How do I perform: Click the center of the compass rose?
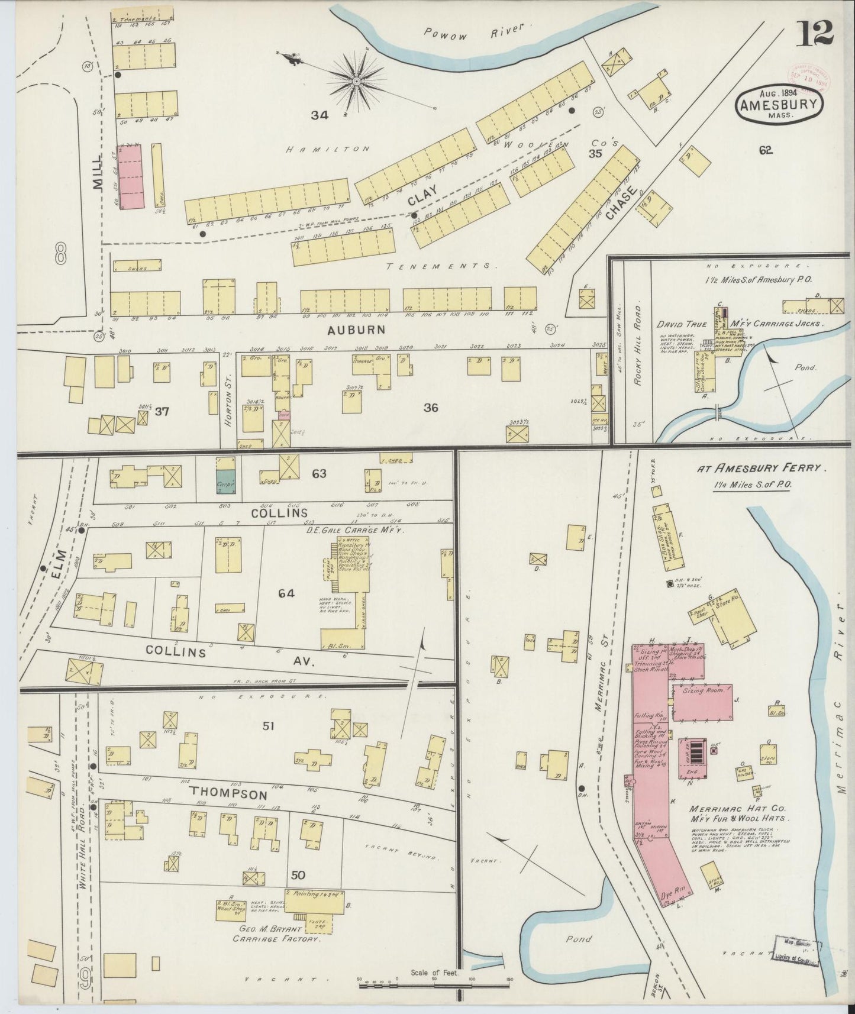tap(357, 80)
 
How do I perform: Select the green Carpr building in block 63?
tap(225, 482)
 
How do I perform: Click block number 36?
tap(430, 407)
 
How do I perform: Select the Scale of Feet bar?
tap(435, 981)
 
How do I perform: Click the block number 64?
tap(286, 593)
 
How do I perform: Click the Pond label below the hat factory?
tap(578, 939)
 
